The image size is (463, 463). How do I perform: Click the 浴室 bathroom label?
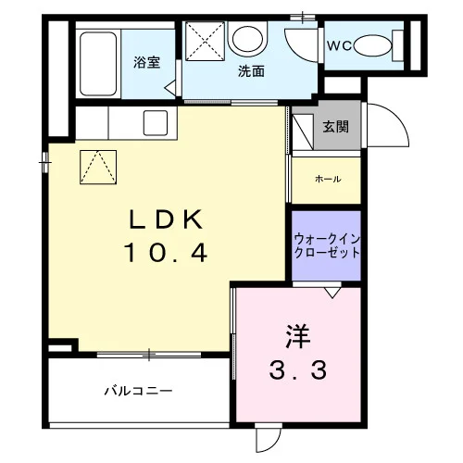tap(147, 62)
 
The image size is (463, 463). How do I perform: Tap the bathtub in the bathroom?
tap(98, 64)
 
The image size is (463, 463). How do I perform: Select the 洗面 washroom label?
tap(251, 71)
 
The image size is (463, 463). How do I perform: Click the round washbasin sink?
tap(247, 39)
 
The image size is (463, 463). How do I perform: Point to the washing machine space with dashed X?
tap(205, 41)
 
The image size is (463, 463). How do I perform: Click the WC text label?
tap(339, 46)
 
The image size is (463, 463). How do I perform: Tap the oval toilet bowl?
tap(373, 46)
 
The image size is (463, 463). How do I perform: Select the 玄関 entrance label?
tap(336, 127)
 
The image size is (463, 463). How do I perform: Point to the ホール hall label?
tap(328, 179)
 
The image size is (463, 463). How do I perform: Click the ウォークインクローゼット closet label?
tap(327, 246)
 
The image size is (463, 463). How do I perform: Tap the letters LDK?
tap(167, 219)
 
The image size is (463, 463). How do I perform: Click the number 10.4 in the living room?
tap(166, 252)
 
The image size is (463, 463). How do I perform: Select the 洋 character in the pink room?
tap(297, 336)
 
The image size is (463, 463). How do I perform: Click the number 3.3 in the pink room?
tap(297, 370)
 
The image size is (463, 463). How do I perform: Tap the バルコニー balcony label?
tap(138, 391)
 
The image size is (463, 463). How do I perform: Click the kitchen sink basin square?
tap(156, 123)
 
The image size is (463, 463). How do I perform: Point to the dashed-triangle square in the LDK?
tap(98, 168)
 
